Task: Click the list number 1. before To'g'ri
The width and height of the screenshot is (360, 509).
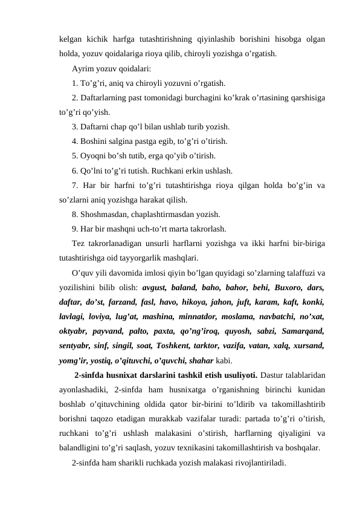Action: (75, 83)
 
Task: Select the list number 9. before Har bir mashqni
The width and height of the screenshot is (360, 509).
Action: (75, 229)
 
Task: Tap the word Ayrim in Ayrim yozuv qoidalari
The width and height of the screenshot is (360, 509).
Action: (82, 68)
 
